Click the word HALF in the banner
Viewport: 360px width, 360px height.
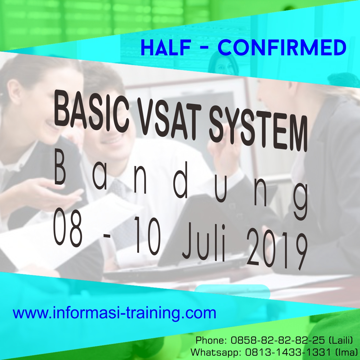click(x=166, y=48)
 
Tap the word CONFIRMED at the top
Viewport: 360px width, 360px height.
click(x=282, y=48)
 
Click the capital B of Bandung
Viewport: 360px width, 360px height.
click(x=60, y=173)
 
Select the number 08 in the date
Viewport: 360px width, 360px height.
click(x=67, y=227)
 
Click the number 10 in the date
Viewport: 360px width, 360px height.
click(x=147, y=235)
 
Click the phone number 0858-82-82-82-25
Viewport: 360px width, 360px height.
click(x=278, y=340)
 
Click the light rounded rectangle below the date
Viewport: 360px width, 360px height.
click(x=232, y=292)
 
